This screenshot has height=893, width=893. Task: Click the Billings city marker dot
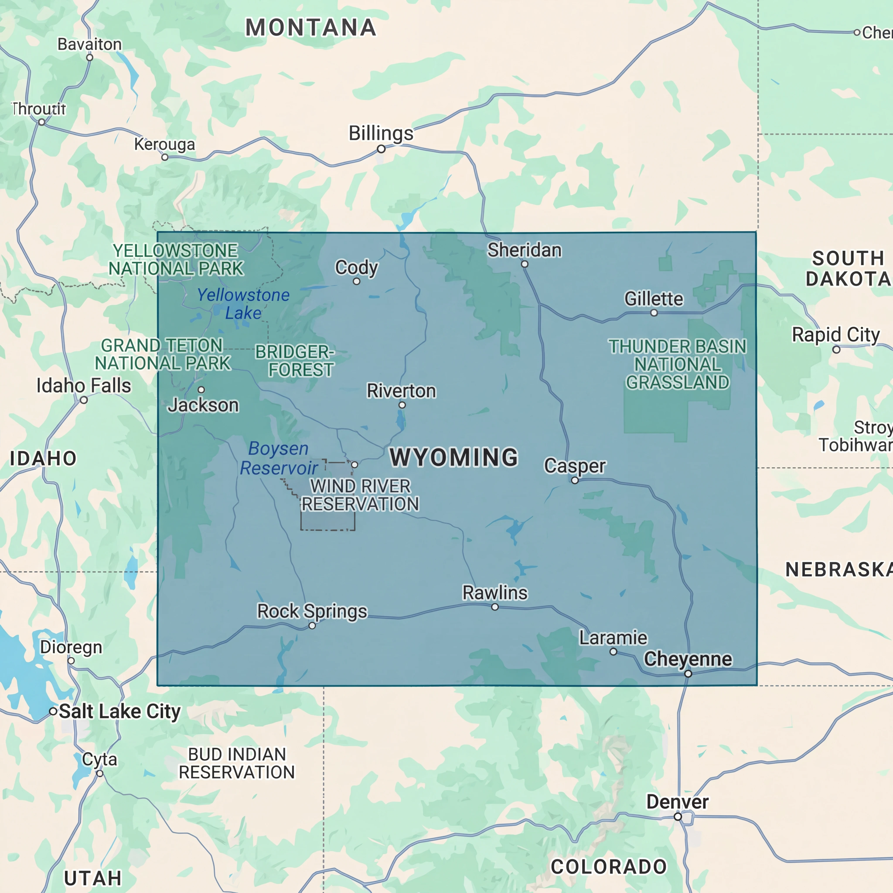(381, 149)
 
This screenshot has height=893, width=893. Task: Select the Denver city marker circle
(678, 817)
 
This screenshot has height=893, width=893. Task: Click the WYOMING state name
(454, 457)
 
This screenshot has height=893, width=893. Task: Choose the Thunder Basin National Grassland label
(677, 364)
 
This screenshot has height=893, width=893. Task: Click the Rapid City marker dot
(836, 349)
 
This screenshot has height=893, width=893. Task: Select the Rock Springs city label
(312, 611)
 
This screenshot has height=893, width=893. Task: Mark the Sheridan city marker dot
(525, 264)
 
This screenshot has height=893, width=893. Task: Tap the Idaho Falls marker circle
(84, 400)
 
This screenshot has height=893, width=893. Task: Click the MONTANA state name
(311, 28)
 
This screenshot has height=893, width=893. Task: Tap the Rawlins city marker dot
(494, 607)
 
